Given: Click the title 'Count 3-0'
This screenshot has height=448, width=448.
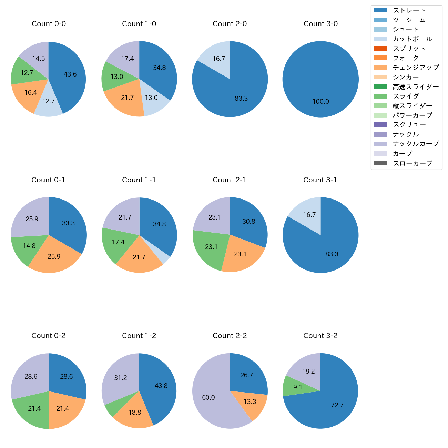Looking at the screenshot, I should [x=320, y=24].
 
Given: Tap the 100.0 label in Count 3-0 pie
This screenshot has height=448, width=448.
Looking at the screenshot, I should [x=321, y=102].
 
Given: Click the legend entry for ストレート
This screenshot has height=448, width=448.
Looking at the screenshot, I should [x=409, y=10].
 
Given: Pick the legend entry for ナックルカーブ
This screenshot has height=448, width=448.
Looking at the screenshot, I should [x=416, y=144].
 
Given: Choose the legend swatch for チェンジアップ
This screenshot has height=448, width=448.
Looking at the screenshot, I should [x=380, y=68].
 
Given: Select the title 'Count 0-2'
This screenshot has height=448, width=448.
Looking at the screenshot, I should [x=49, y=336].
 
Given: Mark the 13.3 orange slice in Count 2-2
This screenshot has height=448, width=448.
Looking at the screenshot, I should [x=252, y=403].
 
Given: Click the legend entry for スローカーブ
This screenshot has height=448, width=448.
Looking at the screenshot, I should [x=413, y=163].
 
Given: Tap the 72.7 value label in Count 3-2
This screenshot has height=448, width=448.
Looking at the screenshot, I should [x=337, y=405].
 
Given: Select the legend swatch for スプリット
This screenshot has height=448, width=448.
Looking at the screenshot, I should [x=380, y=49].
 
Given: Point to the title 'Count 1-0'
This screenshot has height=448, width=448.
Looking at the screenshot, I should [x=139, y=24].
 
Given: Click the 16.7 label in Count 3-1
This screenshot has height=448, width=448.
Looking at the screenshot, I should [x=309, y=215].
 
